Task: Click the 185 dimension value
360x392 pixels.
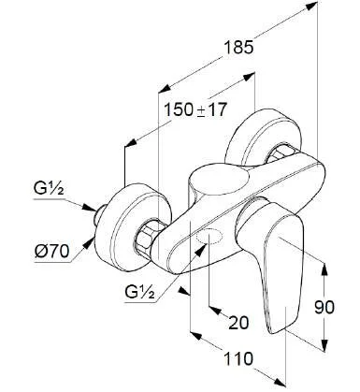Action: pos(239,49)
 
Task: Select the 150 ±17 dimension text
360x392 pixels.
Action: pos(194,109)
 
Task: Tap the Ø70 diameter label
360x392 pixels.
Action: pos(51,252)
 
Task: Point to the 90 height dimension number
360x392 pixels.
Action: pos(324,307)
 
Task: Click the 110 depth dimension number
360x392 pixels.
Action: pos(238,358)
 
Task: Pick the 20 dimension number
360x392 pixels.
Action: pos(239,322)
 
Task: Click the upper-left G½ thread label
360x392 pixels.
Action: pos(49,189)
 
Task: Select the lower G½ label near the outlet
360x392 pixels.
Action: pos(140,292)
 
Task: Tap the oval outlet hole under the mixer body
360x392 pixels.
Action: pos(209,238)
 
